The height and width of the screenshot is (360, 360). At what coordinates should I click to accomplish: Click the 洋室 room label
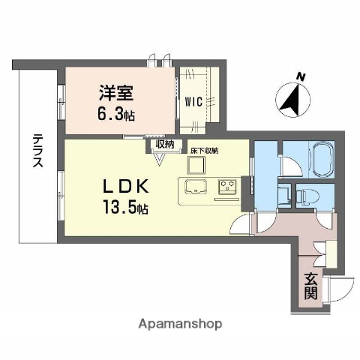tap(117, 94)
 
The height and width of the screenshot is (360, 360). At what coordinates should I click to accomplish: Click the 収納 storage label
tap(165, 144)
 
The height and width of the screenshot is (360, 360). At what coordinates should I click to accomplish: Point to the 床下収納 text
tap(204, 151)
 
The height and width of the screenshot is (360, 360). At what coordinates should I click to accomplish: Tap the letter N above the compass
tap(300, 76)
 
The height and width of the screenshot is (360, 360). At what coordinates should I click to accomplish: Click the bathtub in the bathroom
tap(310, 160)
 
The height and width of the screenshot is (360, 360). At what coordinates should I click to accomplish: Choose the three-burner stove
tap(227, 187)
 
